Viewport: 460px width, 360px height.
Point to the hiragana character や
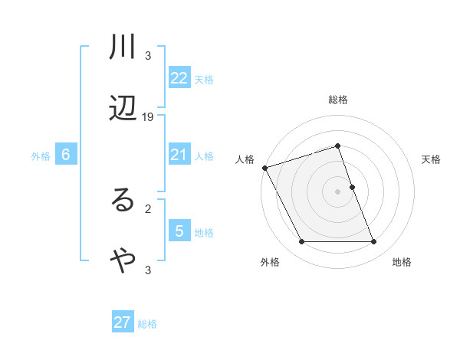123,261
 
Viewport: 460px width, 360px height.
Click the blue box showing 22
179,77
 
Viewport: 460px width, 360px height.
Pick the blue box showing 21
179,155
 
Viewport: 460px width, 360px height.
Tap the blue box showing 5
179,231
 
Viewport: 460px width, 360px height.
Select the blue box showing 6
66,155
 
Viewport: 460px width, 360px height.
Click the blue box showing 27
123,322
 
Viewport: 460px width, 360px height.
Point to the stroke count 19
148,116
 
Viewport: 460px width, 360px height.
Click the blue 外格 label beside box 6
41,155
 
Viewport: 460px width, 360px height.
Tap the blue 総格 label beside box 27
147,324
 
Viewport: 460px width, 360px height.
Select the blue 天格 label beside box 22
204,79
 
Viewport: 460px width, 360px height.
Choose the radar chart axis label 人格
245,159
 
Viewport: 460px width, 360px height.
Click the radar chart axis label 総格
338,100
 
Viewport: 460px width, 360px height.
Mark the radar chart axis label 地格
402,262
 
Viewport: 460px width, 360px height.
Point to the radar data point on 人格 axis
264,167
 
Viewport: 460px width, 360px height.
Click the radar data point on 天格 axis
352,187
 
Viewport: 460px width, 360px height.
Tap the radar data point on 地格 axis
374,242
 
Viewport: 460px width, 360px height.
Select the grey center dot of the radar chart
338,191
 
